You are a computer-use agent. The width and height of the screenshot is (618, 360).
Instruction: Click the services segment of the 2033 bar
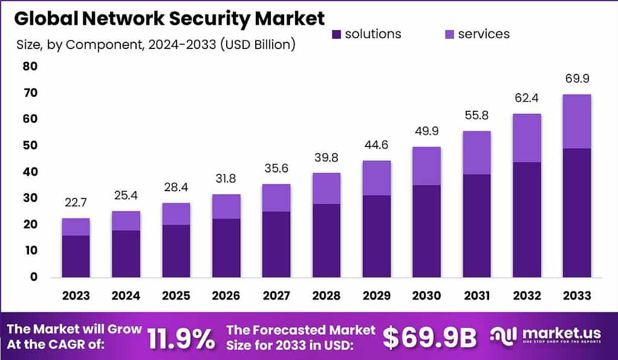coord(576,122)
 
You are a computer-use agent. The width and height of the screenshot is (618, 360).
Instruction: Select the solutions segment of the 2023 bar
coord(76,256)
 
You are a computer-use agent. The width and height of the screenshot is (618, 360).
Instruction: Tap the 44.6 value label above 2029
coord(376,146)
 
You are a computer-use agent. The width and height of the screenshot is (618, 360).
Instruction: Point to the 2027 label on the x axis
coord(276,295)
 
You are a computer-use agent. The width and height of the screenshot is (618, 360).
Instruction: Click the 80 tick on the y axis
coord(30,67)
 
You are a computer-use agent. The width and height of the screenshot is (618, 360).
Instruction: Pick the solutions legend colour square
coord(336,34)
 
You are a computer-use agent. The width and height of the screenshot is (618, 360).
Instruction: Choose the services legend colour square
coord(449,34)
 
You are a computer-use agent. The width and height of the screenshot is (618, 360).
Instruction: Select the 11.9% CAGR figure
coord(181,339)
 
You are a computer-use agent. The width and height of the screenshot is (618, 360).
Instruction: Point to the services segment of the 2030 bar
coord(426,166)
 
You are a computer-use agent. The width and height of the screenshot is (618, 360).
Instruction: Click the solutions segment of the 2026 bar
coord(226,247)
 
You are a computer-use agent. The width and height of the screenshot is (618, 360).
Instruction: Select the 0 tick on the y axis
coord(34,277)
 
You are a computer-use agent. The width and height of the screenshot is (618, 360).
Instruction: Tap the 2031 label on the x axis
coord(477,295)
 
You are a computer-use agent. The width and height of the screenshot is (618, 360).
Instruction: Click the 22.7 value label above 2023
coord(76,203)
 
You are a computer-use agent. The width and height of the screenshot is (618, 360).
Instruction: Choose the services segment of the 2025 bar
coord(175,214)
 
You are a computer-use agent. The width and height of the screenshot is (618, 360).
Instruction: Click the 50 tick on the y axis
coord(30,145)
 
